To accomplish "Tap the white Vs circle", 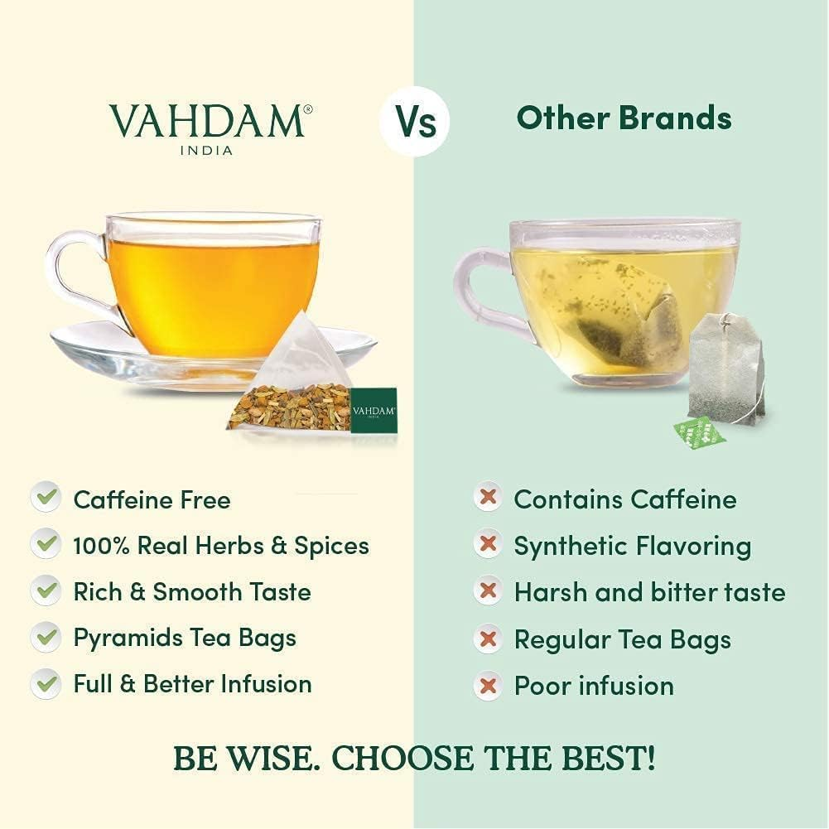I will [x=414, y=121].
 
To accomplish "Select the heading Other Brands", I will [x=624, y=118].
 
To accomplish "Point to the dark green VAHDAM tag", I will [x=373, y=410].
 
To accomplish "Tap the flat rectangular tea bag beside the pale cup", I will [x=725, y=369].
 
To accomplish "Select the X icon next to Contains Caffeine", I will [x=488, y=499].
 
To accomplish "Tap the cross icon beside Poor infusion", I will [x=488, y=686].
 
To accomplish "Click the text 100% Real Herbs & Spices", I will [x=221, y=546].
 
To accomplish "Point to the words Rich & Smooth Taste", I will [x=192, y=592].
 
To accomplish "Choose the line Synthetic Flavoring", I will [x=633, y=546].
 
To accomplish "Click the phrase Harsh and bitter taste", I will [x=649, y=592].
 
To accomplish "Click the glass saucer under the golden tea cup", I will [x=108, y=348].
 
